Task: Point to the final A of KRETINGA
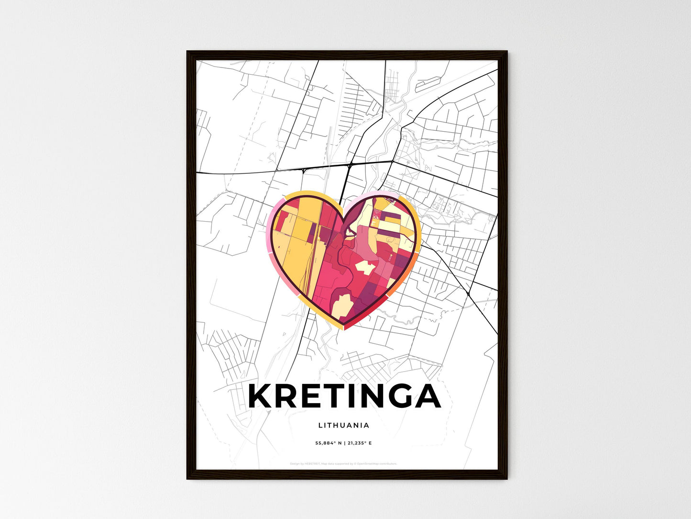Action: (427, 396)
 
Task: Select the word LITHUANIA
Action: (343, 425)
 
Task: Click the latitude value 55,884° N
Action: (328, 443)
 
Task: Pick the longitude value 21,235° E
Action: (359, 443)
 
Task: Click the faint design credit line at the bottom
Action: (343, 464)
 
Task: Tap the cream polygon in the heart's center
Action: (365, 267)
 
